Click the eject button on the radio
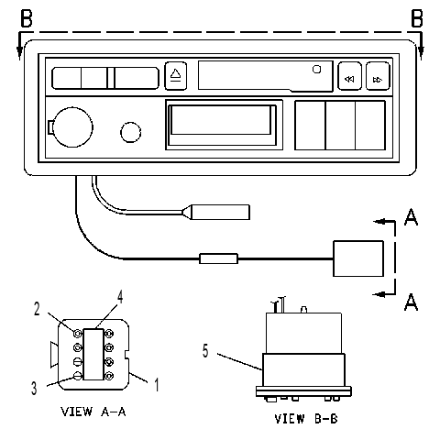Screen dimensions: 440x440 (176, 76)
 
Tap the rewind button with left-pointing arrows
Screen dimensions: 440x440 (349, 76)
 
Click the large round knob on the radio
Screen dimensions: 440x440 (72, 127)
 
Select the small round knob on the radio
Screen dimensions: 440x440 (131, 132)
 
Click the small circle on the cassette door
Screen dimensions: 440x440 (317, 70)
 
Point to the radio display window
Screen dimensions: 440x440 (221, 125)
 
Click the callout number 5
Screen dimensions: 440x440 (205, 351)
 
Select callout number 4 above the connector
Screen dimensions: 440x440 (120, 297)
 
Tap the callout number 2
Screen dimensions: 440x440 (37, 309)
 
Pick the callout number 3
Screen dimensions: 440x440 (34, 388)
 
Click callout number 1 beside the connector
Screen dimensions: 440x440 (157, 385)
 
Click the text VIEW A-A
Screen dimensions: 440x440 (93, 412)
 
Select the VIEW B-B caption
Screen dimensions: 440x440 (306, 419)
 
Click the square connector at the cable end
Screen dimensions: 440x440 (358, 258)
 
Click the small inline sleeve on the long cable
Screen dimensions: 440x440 (218, 258)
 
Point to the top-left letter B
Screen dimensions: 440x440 (27, 18)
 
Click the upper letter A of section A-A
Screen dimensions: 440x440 (411, 217)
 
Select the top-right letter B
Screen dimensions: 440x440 (417, 18)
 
